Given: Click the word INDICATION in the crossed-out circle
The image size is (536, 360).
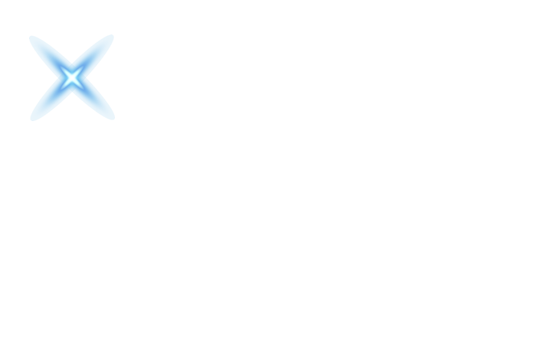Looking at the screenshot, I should pyautogui.click(x=74, y=57).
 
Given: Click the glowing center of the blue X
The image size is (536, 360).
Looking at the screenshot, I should pyautogui.click(x=72, y=77).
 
